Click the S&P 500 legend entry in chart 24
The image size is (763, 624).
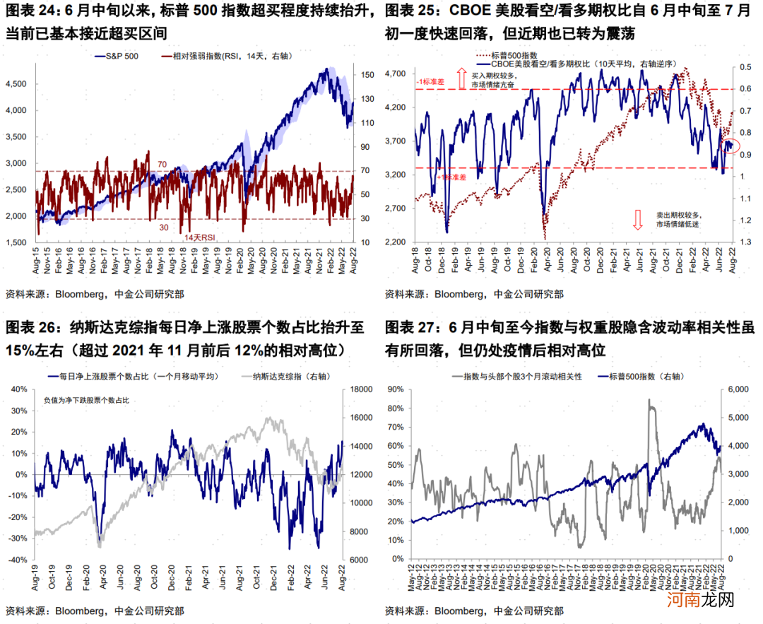117,57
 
